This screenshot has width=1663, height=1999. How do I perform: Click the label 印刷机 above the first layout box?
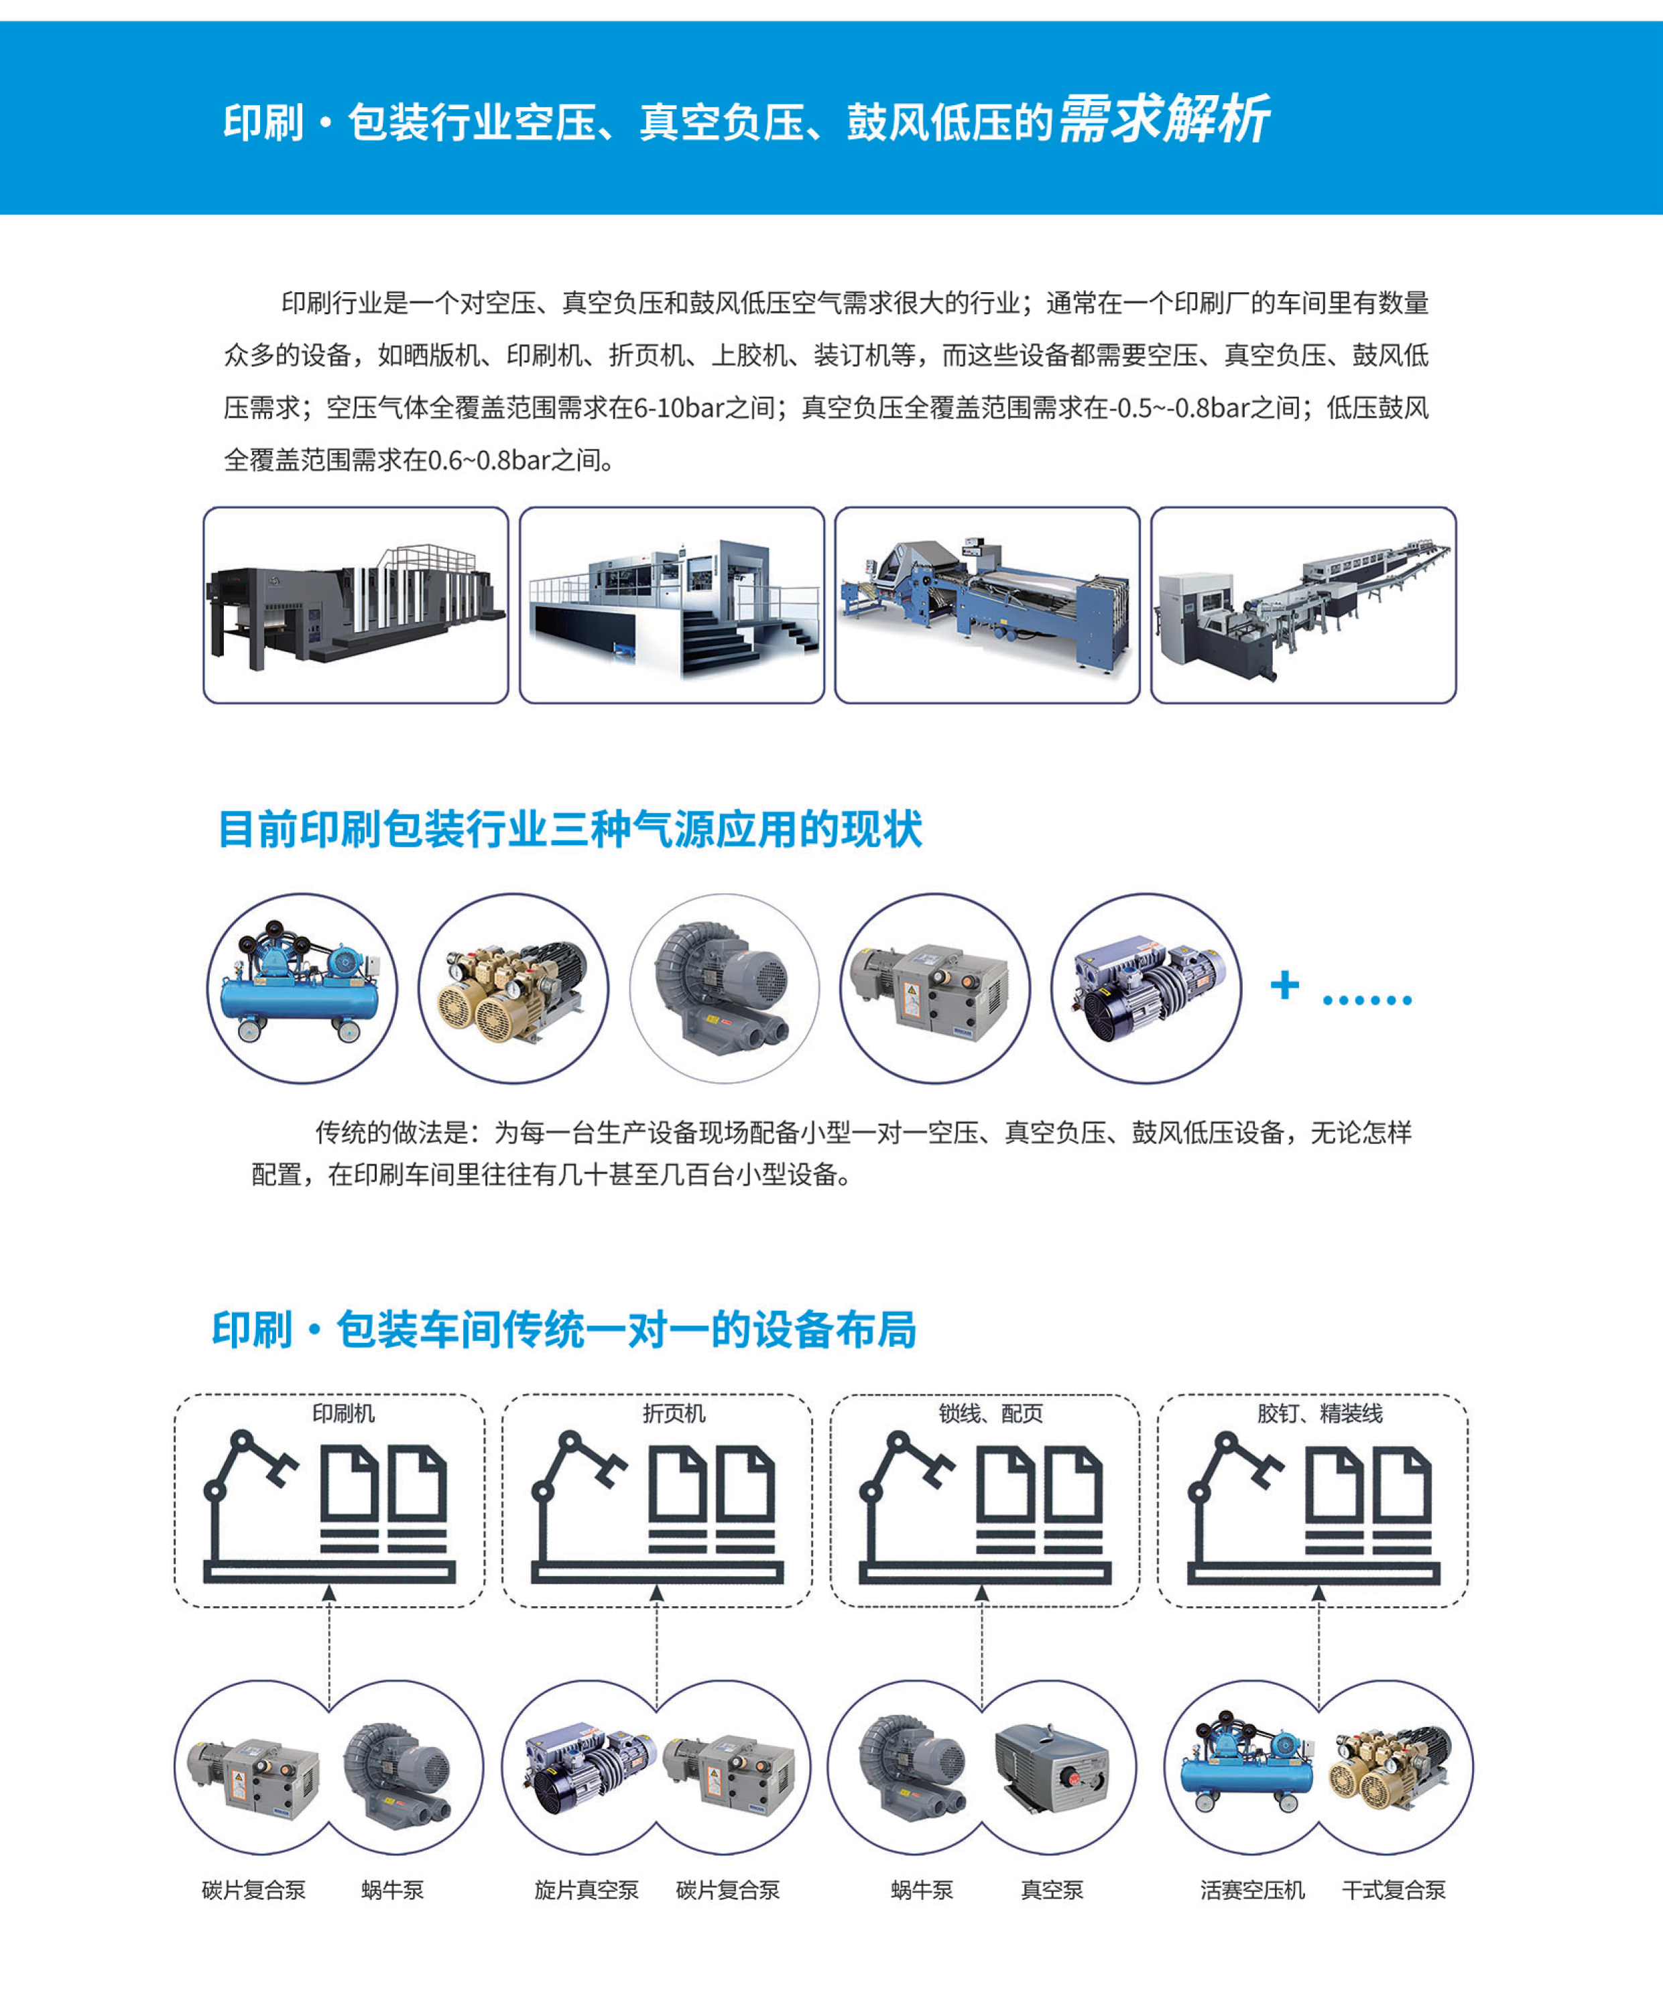(344, 1413)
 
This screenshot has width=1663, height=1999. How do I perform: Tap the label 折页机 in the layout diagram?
(674, 1413)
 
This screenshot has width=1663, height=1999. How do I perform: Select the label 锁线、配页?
(991, 1413)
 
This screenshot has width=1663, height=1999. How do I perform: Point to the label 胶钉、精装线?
(1319, 1413)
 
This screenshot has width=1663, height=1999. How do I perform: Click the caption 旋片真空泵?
(587, 1890)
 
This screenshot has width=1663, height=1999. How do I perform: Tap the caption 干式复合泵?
(1394, 1890)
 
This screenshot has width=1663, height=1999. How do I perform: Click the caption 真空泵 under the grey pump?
(1052, 1890)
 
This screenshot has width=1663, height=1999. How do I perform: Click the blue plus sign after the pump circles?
(1285, 984)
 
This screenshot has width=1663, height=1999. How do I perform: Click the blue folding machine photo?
(987, 605)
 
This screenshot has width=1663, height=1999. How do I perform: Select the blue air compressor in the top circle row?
(301, 982)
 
